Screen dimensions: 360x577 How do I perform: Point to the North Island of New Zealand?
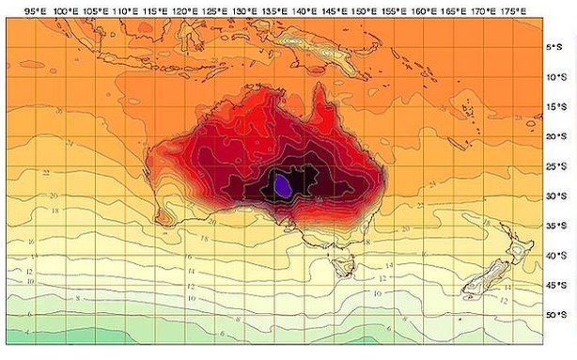[513, 248]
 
